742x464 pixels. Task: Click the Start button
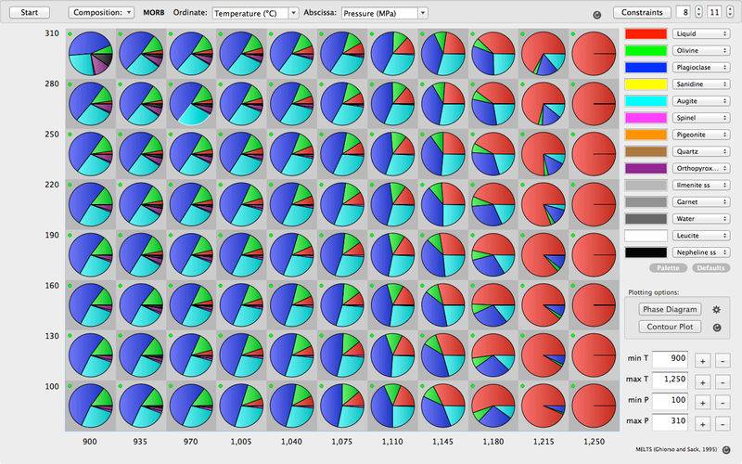[x=29, y=13]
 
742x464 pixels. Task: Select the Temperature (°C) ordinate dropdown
[x=254, y=13]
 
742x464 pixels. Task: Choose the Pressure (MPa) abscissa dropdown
[x=383, y=13]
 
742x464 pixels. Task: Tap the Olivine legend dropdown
[x=700, y=53]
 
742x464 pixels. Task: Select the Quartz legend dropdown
[x=700, y=151]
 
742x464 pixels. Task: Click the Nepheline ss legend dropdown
[x=700, y=251]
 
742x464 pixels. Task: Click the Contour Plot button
[x=669, y=327]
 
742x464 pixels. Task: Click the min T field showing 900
[x=668, y=359]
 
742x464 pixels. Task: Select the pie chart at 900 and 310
[x=91, y=54]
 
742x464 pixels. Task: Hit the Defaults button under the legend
[x=710, y=267]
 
